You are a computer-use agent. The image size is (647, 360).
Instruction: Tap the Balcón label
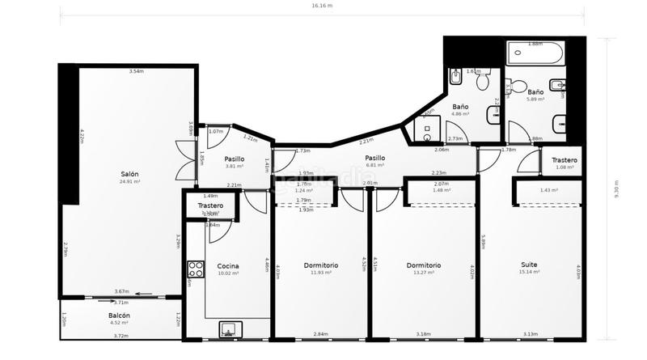click(120, 316)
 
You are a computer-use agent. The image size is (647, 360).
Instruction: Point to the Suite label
click(530, 265)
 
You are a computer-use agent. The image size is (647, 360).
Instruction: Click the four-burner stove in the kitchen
click(195, 269)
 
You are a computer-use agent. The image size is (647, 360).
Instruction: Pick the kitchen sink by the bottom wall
click(230, 329)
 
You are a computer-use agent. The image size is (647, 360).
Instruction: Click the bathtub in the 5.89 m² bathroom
click(535, 55)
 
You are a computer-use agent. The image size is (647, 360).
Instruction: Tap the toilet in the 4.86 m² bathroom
click(483, 81)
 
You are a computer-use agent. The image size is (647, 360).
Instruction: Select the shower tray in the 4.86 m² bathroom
click(426, 129)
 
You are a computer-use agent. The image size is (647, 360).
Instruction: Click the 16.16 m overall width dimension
click(323, 6)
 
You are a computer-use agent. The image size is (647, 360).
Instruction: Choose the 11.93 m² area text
click(321, 273)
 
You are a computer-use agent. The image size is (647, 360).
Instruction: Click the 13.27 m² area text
click(424, 273)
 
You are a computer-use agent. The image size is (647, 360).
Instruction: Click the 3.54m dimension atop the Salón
click(136, 72)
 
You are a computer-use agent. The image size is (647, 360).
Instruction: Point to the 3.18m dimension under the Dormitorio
click(424, 333)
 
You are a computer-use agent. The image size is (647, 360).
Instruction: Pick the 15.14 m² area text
click(530, 272)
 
